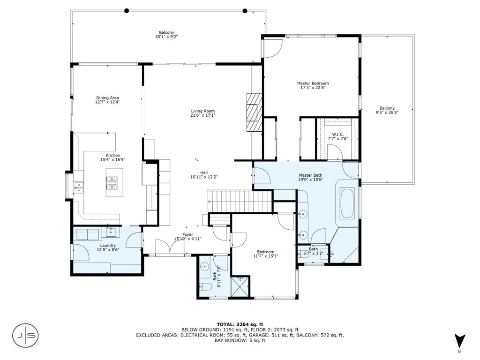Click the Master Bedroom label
point(313,83)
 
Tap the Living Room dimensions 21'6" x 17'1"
point(202,115)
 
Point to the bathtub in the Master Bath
point(347,203)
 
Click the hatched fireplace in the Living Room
point(255,112)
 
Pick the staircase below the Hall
point(240,201)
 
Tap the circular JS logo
point(26,335)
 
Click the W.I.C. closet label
point(337,135)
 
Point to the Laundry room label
point(108,246)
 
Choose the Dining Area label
point(107,98)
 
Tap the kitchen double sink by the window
point(79,187)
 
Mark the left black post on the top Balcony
point(127,11)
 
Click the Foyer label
point(187,234)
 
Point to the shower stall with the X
point(240,286)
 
